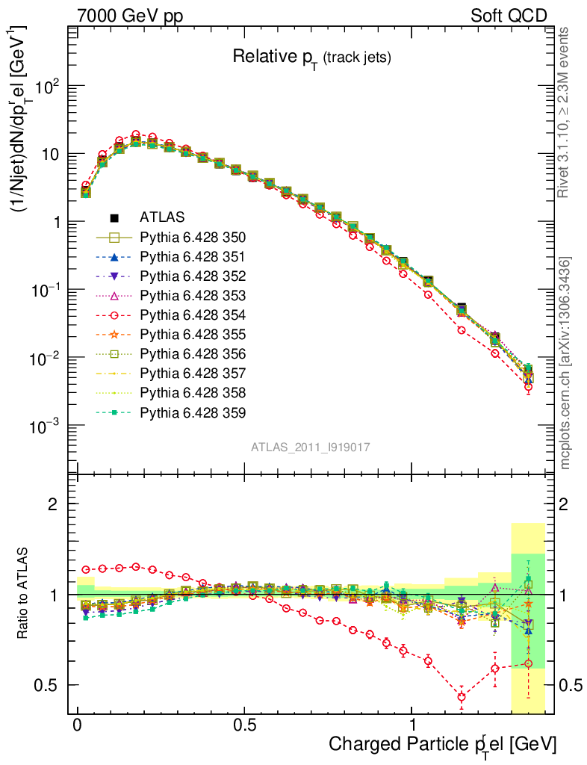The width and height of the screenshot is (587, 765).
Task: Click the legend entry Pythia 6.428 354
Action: [193, 315]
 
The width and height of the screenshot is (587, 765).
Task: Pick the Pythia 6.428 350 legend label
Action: [193, 238]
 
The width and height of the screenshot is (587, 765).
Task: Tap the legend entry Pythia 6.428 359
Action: [193, 412]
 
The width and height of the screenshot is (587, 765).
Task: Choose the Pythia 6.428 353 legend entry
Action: [193, 296]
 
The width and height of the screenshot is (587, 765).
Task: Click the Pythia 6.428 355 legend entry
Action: [193, 335]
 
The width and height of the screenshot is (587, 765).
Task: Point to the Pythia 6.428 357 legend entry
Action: [193, 374]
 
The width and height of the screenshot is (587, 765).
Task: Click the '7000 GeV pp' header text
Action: [130, 16]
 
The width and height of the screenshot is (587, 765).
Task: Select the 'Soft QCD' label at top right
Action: [509, 16]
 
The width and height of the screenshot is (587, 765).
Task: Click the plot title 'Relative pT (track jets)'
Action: [311, 58]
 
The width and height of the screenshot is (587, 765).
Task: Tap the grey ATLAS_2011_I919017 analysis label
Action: [311, 447]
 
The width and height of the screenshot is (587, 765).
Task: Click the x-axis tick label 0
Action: [78, 726]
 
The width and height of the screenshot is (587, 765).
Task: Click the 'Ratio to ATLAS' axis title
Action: [25, 594]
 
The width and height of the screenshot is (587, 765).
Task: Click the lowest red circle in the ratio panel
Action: [462, 697]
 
